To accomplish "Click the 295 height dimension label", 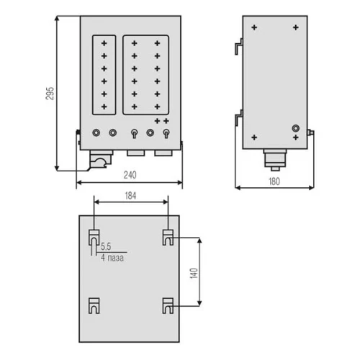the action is pos(50,94).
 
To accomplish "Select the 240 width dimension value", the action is pos(130,175).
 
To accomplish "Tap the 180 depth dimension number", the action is pos(274,181).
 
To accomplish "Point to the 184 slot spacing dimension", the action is pos(130,196).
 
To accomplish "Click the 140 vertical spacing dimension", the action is pos(194,274).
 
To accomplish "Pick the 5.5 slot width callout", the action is pos(106,246).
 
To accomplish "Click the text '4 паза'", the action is pos(112,258).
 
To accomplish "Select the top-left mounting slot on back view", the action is pos(94,238).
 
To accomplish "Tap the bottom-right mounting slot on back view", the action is pos(168,306).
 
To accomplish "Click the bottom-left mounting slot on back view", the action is pos(94,306).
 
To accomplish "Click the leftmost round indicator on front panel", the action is pos(96,132).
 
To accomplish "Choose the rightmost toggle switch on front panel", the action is pos(166,134).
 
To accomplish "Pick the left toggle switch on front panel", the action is pos(135,134).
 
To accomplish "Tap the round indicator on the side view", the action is pos(296,128).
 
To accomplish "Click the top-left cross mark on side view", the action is pos(254,27).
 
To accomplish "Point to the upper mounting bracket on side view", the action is pos(239,46).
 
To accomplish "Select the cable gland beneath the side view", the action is pos(275,160).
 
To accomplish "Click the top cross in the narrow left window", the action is pos(104,43).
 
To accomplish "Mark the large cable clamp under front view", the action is pos(101,159).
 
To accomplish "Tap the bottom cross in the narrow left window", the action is pos(104,107).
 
